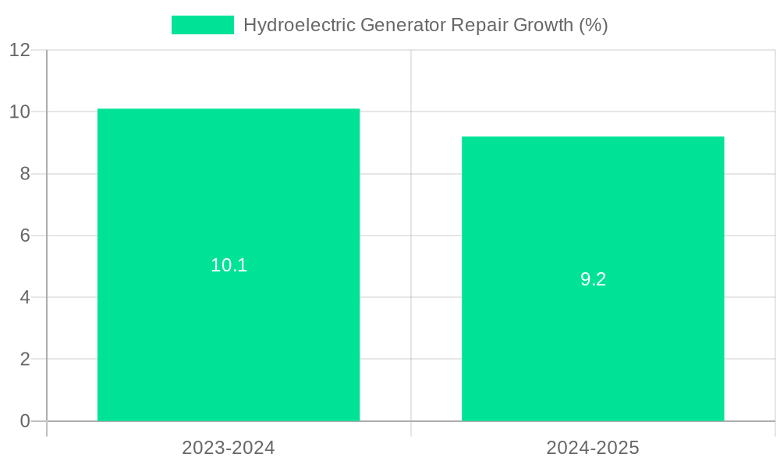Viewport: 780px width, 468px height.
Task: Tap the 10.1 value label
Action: [x=229, y=265]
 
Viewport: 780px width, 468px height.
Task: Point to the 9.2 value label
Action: [x=593, y=279]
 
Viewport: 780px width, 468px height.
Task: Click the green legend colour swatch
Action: [x=202, y=25]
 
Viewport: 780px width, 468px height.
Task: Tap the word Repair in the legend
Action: [x=479, y=25]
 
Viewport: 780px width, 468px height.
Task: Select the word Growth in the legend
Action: [x=543, y=25]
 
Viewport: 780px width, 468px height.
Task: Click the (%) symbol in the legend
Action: [x=593, y=25]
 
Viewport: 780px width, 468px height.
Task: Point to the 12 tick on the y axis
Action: [x=19, y=50]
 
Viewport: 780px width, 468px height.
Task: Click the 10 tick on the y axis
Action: [x=19, y=112]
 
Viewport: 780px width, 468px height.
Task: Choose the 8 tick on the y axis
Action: [x=25, y=174]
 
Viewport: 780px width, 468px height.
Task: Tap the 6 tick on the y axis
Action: [x=25, y=236]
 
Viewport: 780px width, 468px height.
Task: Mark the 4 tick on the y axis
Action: [x=25, y=297]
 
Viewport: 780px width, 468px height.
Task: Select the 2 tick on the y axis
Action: [x=25, y=360]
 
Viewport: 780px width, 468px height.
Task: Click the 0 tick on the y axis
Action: [x=25, y=421]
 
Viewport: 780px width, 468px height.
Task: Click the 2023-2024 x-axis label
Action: [x=229, y=448]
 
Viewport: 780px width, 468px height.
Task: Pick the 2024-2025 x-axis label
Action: [x=593, y=448]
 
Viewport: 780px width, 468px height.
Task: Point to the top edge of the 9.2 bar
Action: [x=593, y=137]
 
